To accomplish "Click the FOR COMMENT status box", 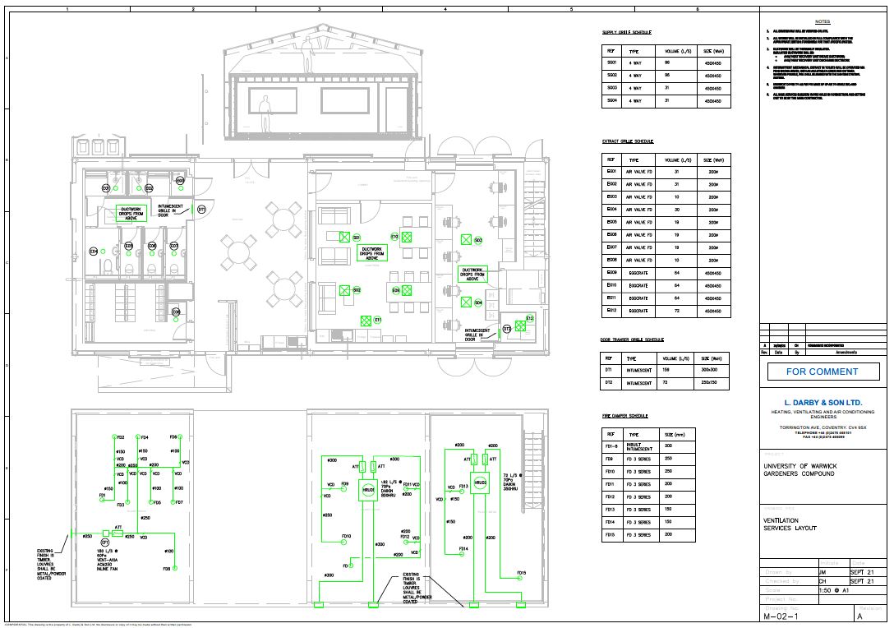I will (823, 372).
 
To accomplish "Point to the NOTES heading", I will (823, 21).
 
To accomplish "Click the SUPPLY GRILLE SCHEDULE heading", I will (627, 33).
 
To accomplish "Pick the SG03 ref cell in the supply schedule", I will (611, 88).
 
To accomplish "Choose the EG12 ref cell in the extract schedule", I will (611, 311).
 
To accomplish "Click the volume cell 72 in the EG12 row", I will (676, 311).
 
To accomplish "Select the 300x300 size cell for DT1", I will (710, 371).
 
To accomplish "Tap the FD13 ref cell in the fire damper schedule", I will (611, 510).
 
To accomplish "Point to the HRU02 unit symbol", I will (480, 481).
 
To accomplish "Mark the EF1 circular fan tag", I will (105, 543).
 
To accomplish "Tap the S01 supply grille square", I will (345, 238).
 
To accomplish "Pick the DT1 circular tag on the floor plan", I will (201, 210).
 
